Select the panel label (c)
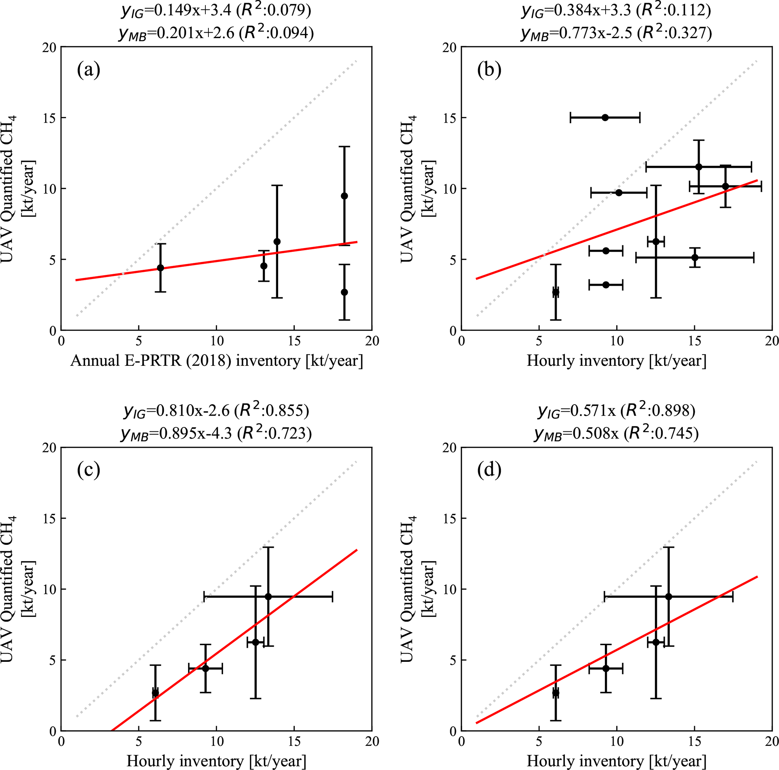pyautogui.click(x=88, y=470)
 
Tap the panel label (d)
pyautogui.click(x=489, y=470)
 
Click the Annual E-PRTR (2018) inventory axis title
pyautogui.click(x=217, y=360)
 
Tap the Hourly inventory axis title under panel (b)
pyautogui.click(x=617, y=360)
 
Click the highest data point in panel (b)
pyautogui.click(x=605, y=117)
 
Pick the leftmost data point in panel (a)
pyautogui.click(x=160, y=268)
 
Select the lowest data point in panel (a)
pyautogui.click(x=344, y=292)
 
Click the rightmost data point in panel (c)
pyautogui.click(x=268, y=597)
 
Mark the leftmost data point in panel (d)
pyautogui.click(x=555, y=693)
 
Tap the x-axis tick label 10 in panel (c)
pyautogui.click(x=217, y=741)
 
